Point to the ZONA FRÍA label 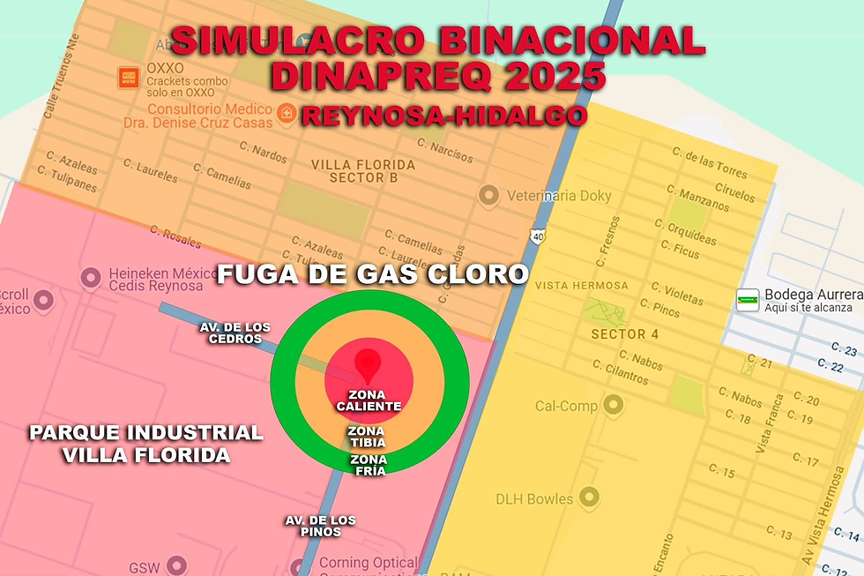point(369,465)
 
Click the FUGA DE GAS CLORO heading point(372,274)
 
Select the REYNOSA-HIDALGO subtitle point(443,116)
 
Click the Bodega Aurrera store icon point(748,299)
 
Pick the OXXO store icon point(129,77)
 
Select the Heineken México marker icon point(89,279)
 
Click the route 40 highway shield point(538,236)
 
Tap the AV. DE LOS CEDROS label point(235,333)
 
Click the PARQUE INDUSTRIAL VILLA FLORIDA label point(145,444)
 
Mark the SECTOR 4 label point(624,333)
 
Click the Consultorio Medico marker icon point(286,114)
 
